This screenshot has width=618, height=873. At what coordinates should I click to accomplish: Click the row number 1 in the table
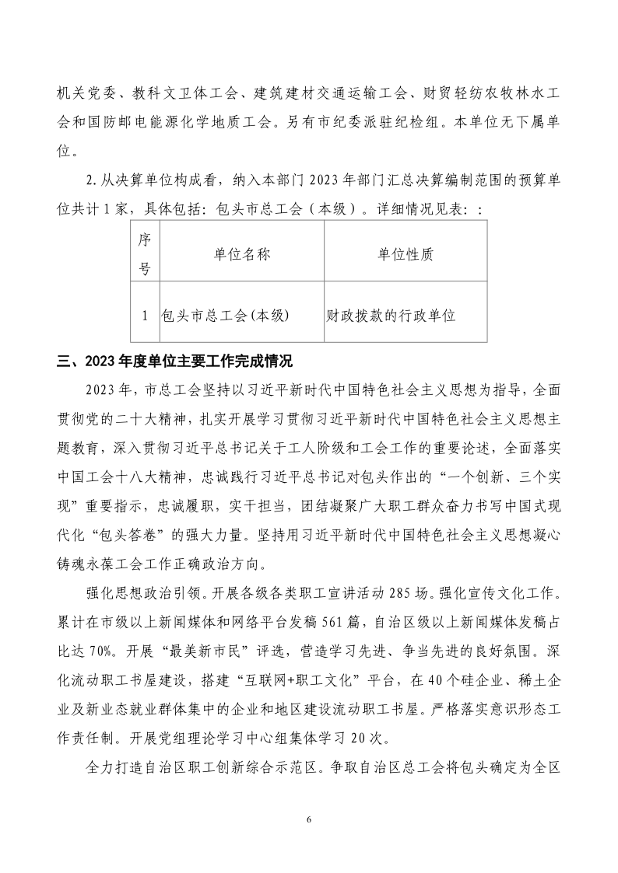pyautogui.click(x=144, y=316)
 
